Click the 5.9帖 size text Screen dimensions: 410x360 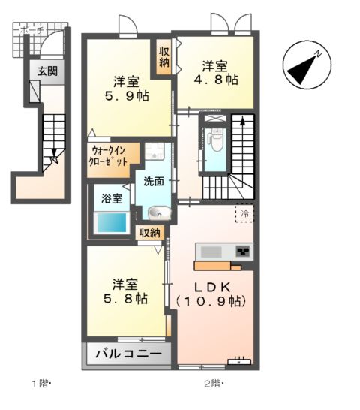click(125, 96)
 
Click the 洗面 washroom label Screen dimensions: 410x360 click(154, 182)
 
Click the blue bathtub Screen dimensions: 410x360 click(110, 222)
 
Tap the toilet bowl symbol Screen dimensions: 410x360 click(216, 140)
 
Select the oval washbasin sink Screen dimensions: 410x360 click(157, 213)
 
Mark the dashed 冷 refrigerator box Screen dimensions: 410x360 click(244, 213)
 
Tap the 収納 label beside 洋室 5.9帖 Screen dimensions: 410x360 click(163, 58)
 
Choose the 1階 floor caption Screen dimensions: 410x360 click(39, 384)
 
